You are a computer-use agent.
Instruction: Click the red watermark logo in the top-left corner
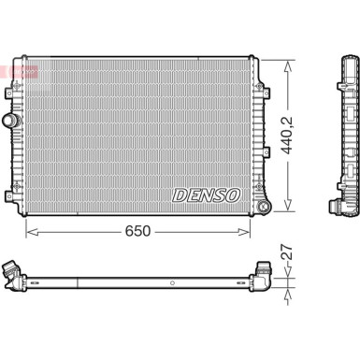point(19,71)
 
